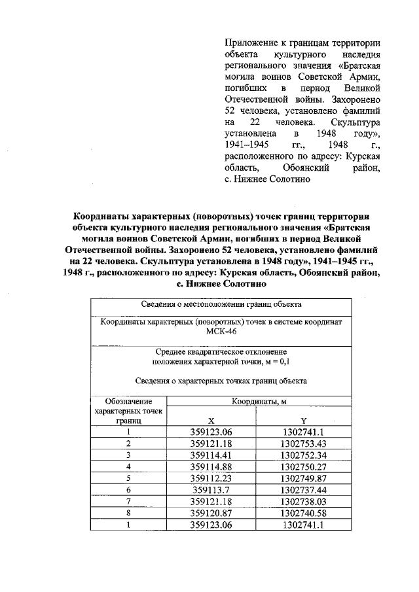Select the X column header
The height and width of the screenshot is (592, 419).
point(211,421)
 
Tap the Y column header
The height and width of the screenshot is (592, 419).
point(303,421)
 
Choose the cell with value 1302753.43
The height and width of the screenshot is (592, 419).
point(303,444)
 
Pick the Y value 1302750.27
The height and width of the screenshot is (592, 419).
point(303,466)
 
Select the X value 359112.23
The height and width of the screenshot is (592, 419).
point(211,478)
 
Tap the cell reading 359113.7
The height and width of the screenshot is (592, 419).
point(211,489)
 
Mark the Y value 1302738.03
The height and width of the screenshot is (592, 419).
point(303,500)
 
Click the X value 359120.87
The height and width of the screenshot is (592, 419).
point(211,512)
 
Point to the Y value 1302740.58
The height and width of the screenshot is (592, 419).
point(303,512)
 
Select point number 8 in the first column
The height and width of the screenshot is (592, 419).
point(129,512)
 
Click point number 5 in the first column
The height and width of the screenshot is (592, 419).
point(129,478)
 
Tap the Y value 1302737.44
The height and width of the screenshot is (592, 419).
point(303,489)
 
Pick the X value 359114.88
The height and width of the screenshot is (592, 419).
point(211,466)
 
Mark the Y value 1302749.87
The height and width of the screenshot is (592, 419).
point(303,478)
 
